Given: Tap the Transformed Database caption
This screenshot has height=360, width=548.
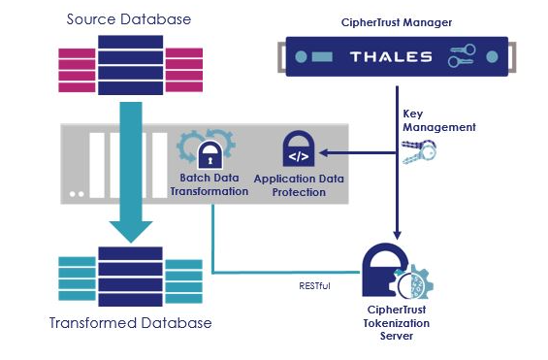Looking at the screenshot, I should click(130, 322).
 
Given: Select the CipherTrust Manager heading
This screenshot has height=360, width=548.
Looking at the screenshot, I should click(398, 18).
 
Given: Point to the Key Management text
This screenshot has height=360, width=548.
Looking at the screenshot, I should click(438, 119).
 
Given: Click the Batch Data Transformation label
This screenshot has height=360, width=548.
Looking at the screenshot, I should click(209, 185).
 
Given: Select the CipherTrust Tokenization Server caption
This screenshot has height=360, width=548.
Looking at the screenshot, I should click(399, 324).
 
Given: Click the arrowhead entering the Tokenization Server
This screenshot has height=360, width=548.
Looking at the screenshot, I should click(397, 236).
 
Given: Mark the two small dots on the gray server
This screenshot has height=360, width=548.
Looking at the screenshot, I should click(76, 194).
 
